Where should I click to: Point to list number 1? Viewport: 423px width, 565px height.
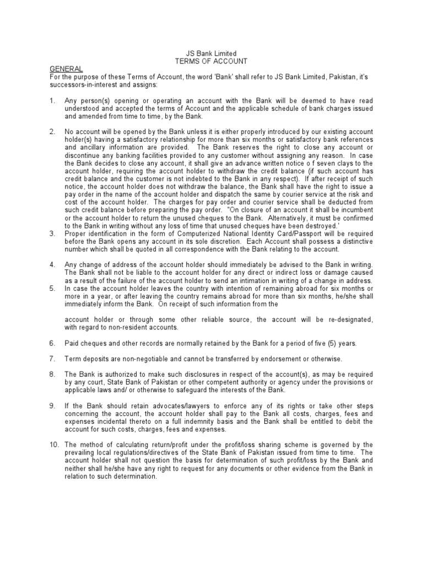52,101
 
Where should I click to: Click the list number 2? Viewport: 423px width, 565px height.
52,132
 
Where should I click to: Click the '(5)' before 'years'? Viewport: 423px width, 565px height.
328,343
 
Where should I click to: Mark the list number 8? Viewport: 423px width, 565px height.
52,374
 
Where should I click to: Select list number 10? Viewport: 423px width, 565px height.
54,444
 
